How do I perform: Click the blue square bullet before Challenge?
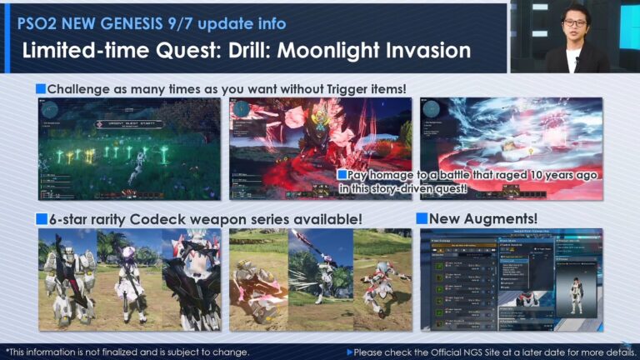41,88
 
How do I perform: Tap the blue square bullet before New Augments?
422,218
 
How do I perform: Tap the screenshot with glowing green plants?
129,148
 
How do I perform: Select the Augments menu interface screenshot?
510,279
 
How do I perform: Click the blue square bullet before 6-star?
41,218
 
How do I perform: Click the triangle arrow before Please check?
350,352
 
